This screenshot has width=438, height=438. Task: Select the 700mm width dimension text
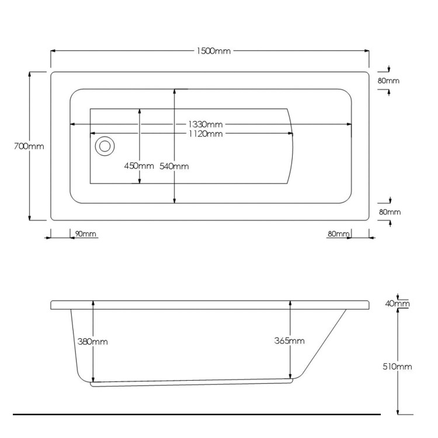[29, 146]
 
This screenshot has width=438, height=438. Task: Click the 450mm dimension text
[139, 166]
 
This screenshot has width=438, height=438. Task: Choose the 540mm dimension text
[174, 166]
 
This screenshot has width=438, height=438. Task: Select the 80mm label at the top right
[388, 81]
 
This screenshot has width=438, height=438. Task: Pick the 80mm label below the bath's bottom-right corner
[338, 234]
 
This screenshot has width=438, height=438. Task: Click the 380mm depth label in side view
[93, 341]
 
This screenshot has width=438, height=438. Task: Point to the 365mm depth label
[290, 341]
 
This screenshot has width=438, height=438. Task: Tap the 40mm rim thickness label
[398, 304]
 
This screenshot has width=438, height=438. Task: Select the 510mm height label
[398, 366]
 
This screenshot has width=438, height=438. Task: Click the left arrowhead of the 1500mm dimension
[53, 51]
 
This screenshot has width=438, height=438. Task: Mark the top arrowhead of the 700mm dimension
[29, 75]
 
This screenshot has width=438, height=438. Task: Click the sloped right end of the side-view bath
[324, 345]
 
